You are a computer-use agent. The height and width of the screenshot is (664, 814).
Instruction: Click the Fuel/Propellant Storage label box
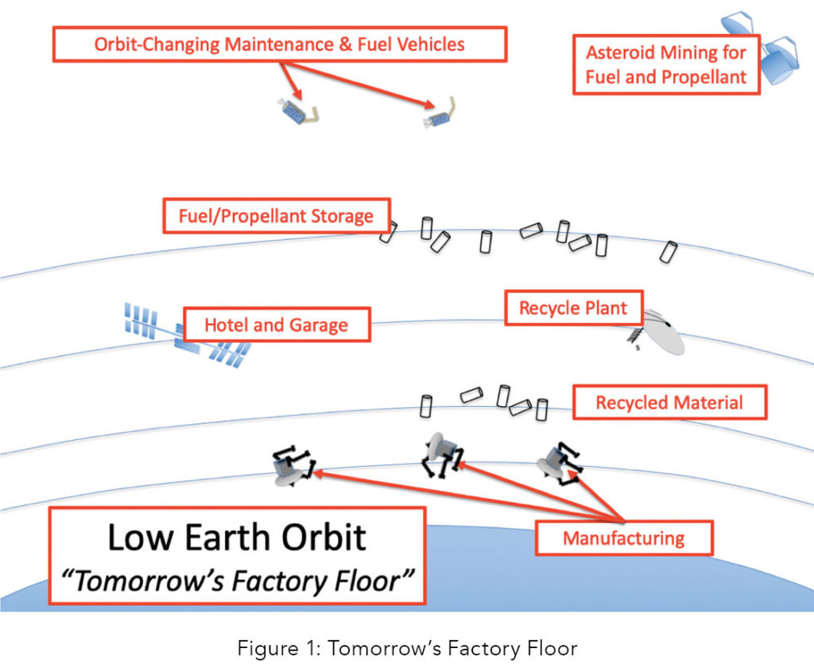(276, 216)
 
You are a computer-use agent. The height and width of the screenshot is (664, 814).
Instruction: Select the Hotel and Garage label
(276, 325)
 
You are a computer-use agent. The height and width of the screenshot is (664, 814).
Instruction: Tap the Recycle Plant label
(573, 307)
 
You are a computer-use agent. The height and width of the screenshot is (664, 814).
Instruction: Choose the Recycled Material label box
(669, 403)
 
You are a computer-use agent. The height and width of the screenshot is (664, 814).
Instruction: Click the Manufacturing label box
(623, 539)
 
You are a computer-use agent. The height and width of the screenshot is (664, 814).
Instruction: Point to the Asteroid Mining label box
(666, 65)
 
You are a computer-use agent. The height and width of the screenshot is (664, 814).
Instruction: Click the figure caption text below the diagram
(407, 648)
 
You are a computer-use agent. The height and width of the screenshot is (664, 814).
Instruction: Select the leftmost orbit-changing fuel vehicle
(297, 114)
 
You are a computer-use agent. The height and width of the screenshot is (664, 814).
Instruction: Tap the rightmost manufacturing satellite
(558, 463)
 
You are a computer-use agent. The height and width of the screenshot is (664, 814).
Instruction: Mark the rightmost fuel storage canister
(669, 252)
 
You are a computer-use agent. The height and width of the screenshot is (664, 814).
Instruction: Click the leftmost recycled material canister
(425, 406)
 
